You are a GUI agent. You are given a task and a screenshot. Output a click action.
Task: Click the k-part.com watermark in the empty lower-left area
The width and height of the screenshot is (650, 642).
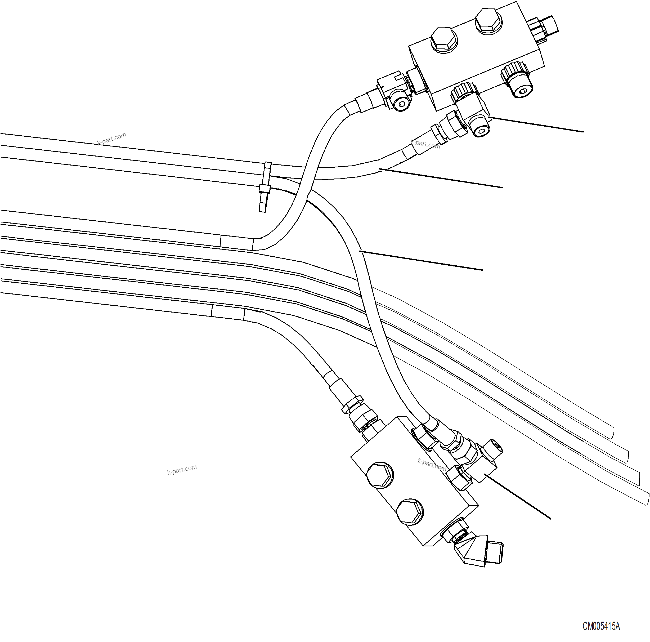182,469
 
